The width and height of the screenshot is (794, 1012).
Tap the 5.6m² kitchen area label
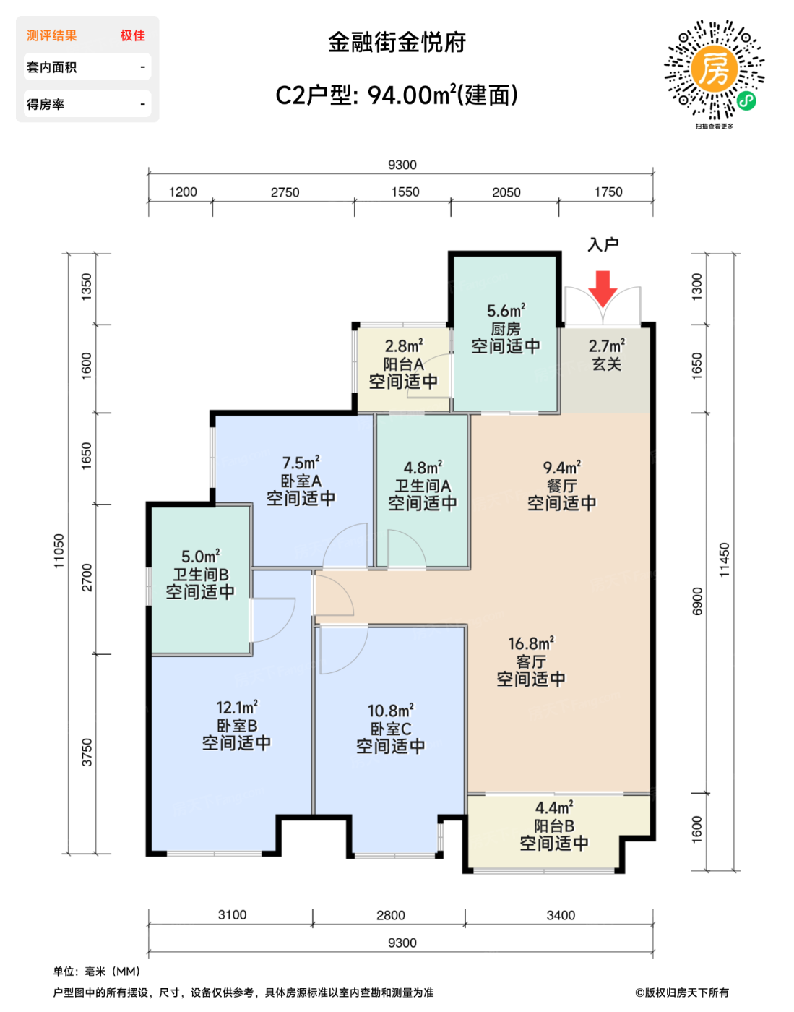[x=506, y=329]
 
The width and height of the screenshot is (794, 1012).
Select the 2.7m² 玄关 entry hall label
[x=607, y=355]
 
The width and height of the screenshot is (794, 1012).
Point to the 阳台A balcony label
[x=404, y=364]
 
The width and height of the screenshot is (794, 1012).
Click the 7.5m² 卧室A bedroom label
[x=301, y=481]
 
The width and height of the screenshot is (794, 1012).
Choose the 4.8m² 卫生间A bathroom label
[x=423, y=486]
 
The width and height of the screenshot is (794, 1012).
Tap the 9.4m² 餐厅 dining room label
[x=562, y=486]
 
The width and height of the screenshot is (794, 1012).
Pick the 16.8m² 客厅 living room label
[x=531, y=662]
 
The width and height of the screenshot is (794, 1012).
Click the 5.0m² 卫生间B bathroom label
[x=201, y=575]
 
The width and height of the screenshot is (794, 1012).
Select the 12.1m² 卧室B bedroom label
[x=237, y=726]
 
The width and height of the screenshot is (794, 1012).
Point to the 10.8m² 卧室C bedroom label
[x=391, y=729]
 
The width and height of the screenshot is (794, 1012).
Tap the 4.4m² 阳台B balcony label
[x=554, y=826]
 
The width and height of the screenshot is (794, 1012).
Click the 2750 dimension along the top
[x=285, y=192]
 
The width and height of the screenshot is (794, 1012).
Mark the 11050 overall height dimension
[x=59, y=551]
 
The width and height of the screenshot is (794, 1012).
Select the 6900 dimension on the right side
[x=696, y=601]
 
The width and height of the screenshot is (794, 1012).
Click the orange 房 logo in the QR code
[x=715, y=69]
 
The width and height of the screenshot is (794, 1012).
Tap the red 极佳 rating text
[x=133, y=35]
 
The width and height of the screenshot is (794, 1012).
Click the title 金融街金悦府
[x=397, y=43]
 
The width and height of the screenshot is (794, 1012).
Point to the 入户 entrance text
[x=603, y=245]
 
